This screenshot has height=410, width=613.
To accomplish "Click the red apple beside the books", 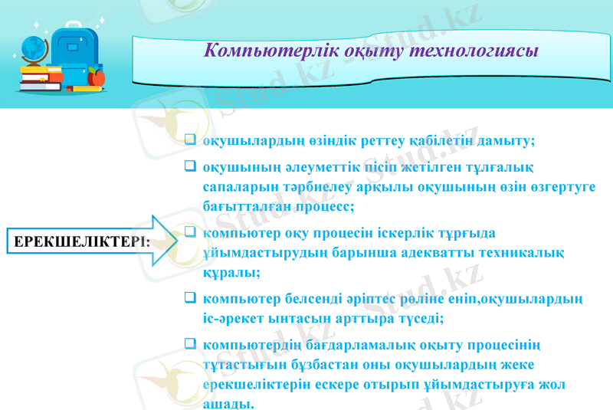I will [x=96, y=76].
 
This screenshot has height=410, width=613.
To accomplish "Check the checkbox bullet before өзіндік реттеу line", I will [x=190, y=140].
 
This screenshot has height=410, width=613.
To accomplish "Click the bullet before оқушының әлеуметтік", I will [x=190, y=166].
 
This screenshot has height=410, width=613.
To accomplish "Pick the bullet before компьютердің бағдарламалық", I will [x=190, y=344].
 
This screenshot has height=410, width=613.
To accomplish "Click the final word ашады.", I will [x=228, y=403].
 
